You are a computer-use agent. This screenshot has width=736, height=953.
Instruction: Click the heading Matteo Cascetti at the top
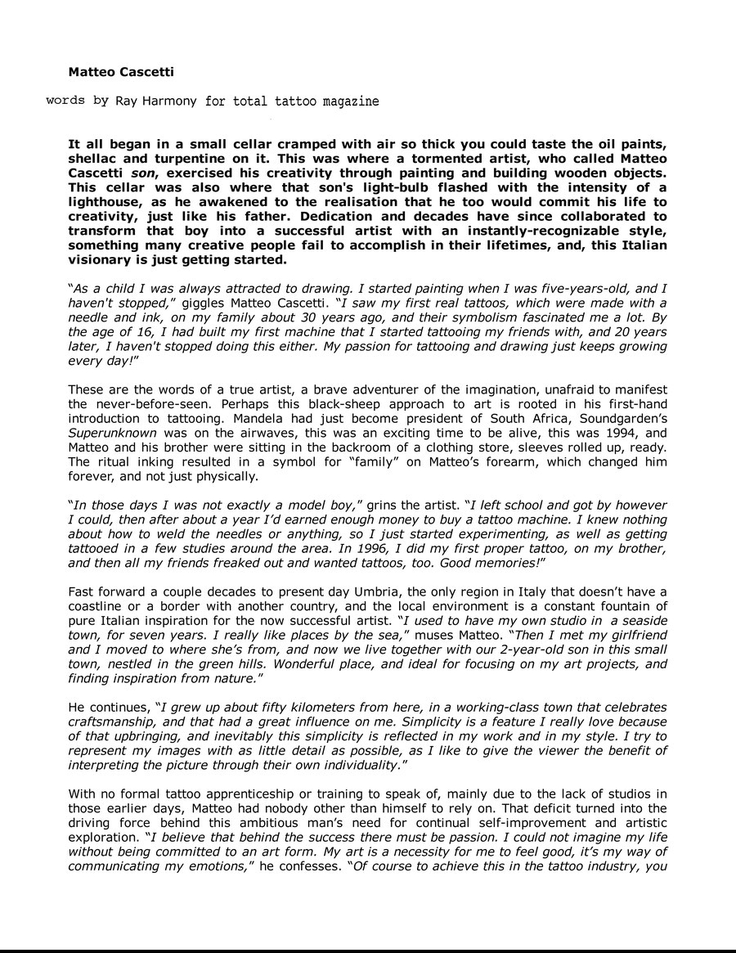tap(121, 72)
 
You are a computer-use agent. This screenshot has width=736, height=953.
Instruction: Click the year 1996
tap(408, 549)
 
